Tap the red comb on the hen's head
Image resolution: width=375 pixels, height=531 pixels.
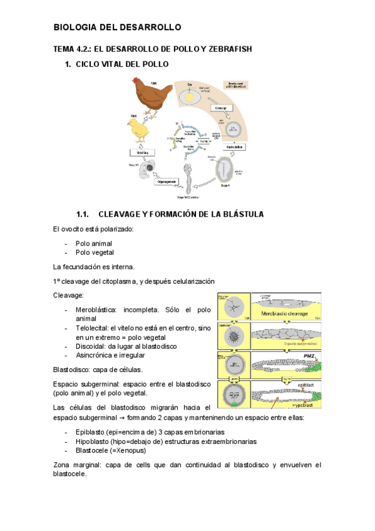135,80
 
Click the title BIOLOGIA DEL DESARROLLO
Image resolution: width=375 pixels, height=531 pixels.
117,28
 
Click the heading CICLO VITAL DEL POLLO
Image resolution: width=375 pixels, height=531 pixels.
121,64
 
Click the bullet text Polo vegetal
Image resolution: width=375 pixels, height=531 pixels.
95,252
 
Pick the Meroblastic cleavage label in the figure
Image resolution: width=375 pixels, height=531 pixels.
287,307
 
